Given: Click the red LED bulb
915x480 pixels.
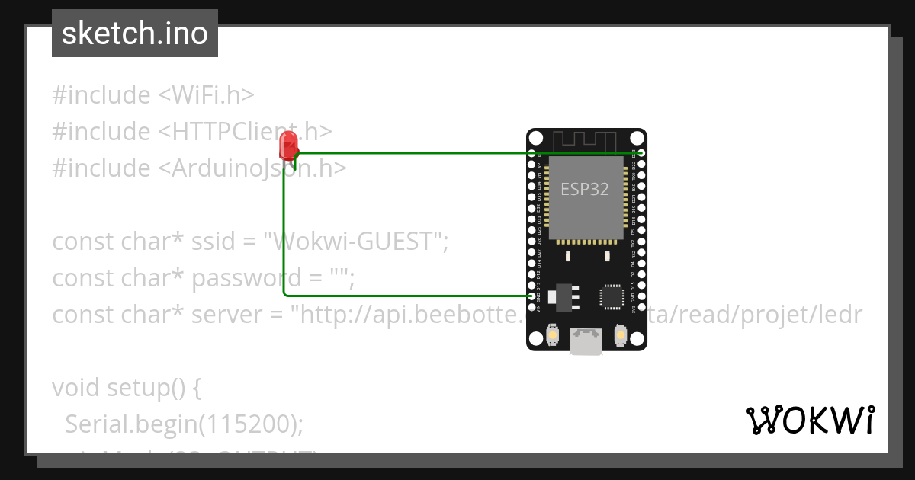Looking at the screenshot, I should tap(289, 145).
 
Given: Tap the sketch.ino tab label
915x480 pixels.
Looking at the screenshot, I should tap(135, 34).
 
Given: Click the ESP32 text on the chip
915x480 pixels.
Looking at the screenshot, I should tap(585, 189).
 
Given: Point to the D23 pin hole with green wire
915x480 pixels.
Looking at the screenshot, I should tap(641, 153).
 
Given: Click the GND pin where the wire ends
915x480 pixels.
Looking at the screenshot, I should tap(532, 295).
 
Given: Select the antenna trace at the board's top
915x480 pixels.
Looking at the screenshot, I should tap(585, 140).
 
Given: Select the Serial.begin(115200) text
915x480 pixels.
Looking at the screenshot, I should tap(184, 424).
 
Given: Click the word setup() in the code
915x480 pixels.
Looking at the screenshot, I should tap(152, 388).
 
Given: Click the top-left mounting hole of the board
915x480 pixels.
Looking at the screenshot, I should tap(536, 139).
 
